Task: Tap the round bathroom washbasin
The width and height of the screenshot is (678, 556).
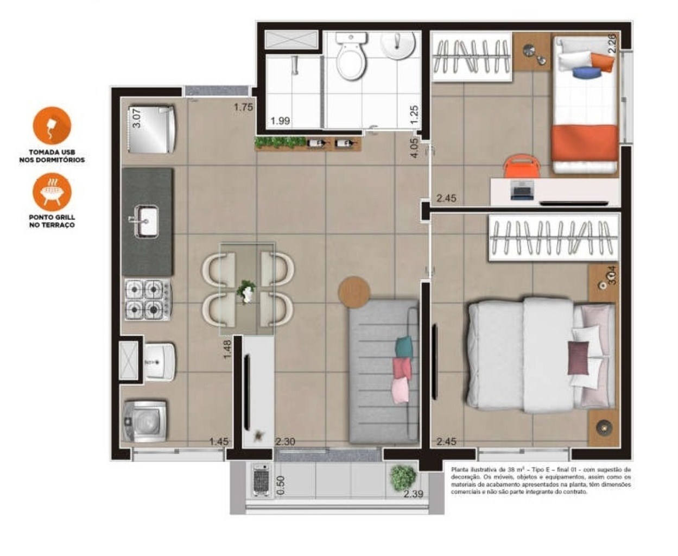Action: pyautogui.click(x=399, y=43)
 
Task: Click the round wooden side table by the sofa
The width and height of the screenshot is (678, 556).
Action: pyautogui.click(x=354, y=292)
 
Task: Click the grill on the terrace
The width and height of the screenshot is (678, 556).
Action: pyautogui.click(x=261, y=479)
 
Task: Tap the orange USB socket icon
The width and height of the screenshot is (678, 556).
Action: pyautogui.click(x=52, y=125)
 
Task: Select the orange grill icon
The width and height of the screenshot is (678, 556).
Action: pyautogui.click(x=52, y=191)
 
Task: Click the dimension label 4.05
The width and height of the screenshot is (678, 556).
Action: pyautogui.click(x=414, y=147)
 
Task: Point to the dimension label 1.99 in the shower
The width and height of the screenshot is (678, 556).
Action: pyautogui.click(x=280, y=121)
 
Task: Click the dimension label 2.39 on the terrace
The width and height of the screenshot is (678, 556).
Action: pyautogui.click(x=413, y=494)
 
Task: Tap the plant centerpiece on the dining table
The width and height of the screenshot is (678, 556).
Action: pyautogui.click(x=248, y=291)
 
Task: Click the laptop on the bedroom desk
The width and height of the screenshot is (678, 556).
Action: pyautogui.click(x=522, y=191)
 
